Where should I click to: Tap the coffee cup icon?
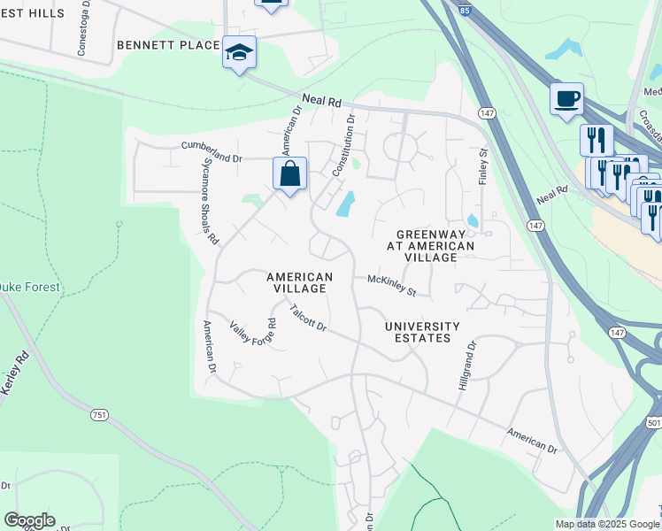click(x=566, y=98)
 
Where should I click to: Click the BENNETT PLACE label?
click(x=167, y=44)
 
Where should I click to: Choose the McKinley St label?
click(x=391, y=285)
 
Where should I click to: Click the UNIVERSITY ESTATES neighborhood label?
click(x=422, y=332)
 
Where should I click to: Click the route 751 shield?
click(x=98, y=414)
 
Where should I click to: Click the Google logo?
click(x=29, y=520)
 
